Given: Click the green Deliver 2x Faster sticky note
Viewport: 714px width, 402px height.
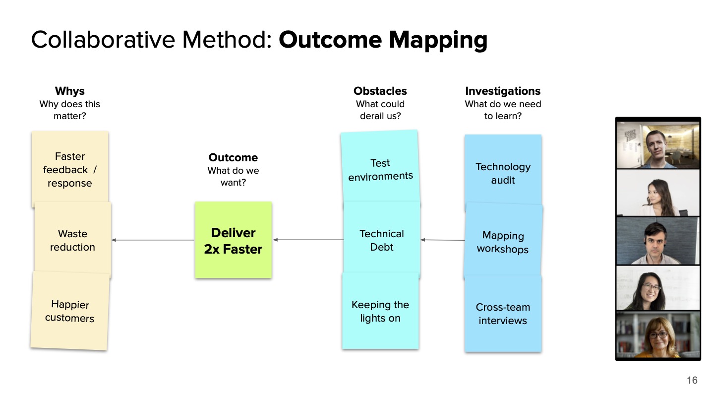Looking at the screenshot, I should pos(233,240).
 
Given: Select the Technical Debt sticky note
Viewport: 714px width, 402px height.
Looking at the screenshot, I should pos(381,240).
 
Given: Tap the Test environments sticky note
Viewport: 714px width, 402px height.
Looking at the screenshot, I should pos(380,169).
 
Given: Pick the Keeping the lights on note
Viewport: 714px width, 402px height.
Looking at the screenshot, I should pos(380,311).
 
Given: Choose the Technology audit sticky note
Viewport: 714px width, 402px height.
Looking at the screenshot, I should pos(503,173).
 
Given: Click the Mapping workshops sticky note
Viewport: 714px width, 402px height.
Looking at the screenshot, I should pos(503,242).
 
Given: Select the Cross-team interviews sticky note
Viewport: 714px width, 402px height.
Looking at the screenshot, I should pos(503,314).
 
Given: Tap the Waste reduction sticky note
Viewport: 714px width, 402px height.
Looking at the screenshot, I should pos(72,240).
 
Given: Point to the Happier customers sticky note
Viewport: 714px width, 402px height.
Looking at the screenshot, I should pos(70,311).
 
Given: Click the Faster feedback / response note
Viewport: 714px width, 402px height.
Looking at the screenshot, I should pos(70,169).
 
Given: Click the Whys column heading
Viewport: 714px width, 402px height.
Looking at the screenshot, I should pos(70,91).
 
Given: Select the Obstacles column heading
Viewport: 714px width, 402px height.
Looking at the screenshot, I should pos(380,91).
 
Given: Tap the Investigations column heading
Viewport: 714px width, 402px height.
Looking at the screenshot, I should pos(503,91).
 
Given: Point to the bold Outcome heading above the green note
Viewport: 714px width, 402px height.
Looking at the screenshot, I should pos(233,157).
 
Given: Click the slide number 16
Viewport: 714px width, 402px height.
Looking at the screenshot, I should pos(692,380).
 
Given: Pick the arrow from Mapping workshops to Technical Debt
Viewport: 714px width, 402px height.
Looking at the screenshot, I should pos(443,240).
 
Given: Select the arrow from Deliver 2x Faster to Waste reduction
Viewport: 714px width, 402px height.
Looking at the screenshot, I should pos(153,240).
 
